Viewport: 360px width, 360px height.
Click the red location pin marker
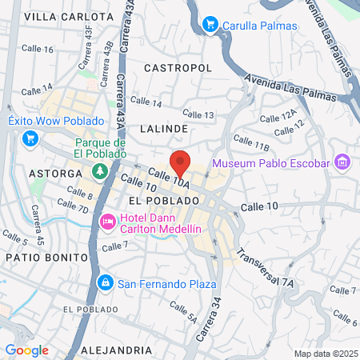pos(180,163)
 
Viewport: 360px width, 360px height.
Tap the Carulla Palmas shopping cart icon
pos(210,25)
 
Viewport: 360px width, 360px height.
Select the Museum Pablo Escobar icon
pos(343,164)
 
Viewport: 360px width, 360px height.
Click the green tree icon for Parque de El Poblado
pos(100,170)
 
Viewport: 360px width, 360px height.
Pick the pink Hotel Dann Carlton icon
pos(106,220)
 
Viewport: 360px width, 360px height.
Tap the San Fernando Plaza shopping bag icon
pos(105,282)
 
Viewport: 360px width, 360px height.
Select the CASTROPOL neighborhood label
pos(178,69)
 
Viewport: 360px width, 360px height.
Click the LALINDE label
pos(163,128)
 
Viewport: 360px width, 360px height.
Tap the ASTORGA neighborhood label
pos(55,173)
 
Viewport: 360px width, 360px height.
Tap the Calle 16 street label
pos(38,49)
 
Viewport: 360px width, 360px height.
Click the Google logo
pos(26,350)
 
